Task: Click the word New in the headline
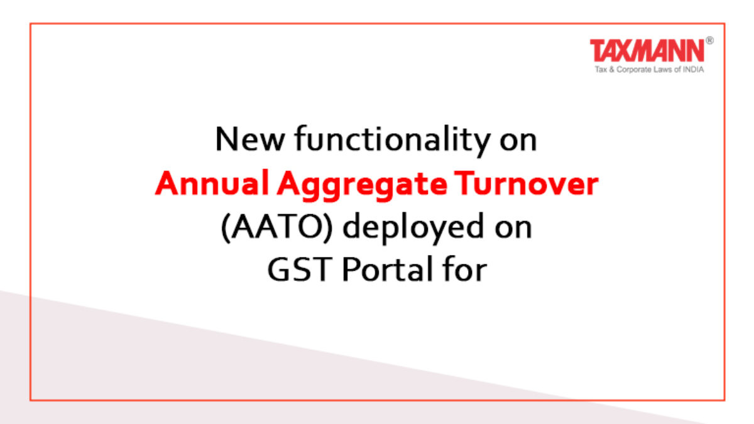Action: click(x=250, y=139)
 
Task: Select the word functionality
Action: click(x=393, y=140)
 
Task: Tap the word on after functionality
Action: click(x=518, y=141)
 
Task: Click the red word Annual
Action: click(x=212, y=183)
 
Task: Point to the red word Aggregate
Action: click(x=362, y=185)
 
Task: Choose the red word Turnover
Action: click(x=526, y=183)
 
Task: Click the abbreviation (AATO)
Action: click(x=276, y=227)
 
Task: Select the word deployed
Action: click(x=413, y=228)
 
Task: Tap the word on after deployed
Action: click(x=514, y=229)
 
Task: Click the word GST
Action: click(x=298, y=269)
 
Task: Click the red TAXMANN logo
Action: click(x=647, y=50)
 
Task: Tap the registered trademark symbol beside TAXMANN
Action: click(x=709, y=41)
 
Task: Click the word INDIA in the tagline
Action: click(x=694, y=69)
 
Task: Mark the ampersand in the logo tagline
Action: click(x=611, y=70)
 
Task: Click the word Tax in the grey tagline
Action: click(x=601, y=69)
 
